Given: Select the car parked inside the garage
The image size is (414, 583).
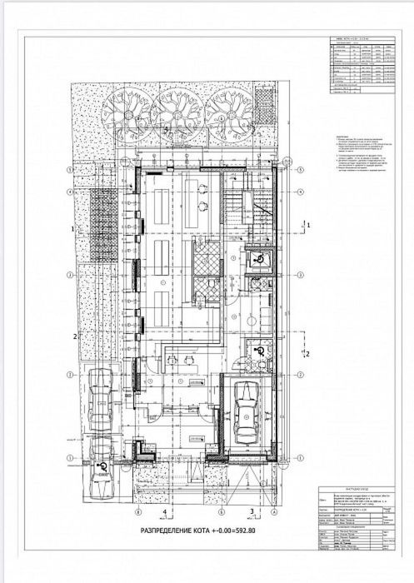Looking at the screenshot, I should coord(247,415).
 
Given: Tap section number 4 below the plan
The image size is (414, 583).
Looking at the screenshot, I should coord(165,512).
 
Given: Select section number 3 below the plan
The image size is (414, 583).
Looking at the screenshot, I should coord(251,512).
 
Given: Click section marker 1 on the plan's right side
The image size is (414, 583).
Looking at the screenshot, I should coord(308,225).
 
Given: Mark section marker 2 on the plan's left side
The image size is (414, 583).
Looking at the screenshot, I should coord(75,336).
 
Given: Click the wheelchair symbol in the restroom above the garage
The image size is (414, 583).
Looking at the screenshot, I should coord(260,352).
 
